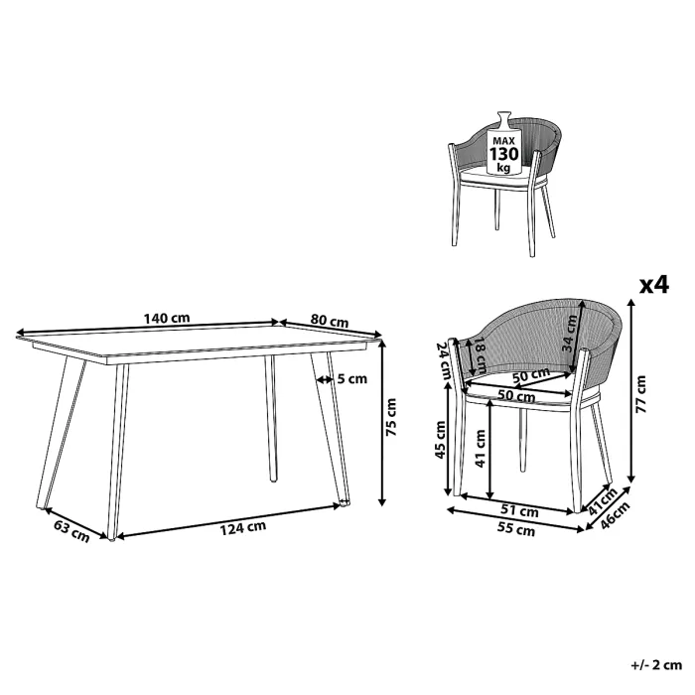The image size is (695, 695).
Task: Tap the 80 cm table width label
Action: point(328,321)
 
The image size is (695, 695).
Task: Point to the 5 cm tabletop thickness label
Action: point(352,378)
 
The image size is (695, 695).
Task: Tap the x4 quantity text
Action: point(651,286)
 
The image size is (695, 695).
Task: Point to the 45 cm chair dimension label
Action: point(441,439)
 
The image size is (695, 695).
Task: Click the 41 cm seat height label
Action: point(481,450)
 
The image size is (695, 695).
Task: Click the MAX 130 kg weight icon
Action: point(503,149)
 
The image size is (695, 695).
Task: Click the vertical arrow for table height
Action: point(381,421)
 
